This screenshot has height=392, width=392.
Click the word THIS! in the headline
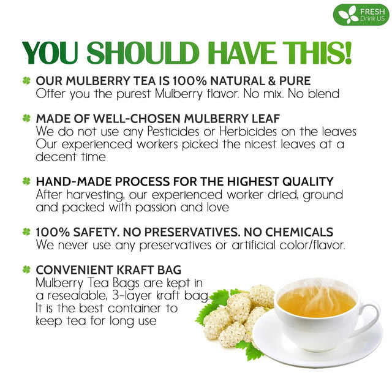[x=315, y=53]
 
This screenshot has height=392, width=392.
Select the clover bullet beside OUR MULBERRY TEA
[x=26, y=81]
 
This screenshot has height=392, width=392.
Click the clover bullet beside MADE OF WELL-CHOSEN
[x=26, y=118]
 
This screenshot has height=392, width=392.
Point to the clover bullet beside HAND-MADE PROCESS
[x=26, y=181]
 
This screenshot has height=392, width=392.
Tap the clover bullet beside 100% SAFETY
[x=26, y=232]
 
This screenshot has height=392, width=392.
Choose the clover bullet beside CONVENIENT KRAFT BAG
[x=26, y=269]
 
